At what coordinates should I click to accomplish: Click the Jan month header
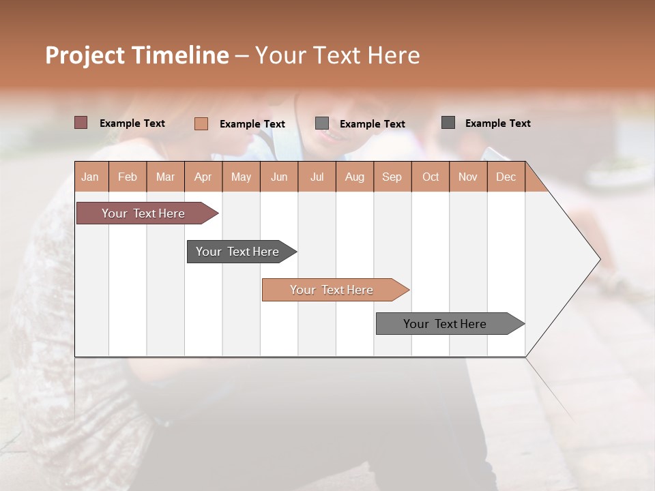point(90,177)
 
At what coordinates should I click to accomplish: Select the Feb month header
point(128,177)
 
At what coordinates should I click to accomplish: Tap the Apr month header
point(203,177)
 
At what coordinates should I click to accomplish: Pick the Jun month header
point(279,177)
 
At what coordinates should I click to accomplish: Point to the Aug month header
point(354,177)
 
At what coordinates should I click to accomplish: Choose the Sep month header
point(392,177)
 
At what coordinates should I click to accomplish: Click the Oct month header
point(431,177)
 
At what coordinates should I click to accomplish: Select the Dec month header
point(506,177)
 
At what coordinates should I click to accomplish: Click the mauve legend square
point(81,123)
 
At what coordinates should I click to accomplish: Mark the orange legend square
point(201,123)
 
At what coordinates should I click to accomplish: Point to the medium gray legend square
point(322,123)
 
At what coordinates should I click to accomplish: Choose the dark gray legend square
point(448,123)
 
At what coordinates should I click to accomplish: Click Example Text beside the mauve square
point(132,123)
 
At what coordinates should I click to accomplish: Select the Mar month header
point(165,177)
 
